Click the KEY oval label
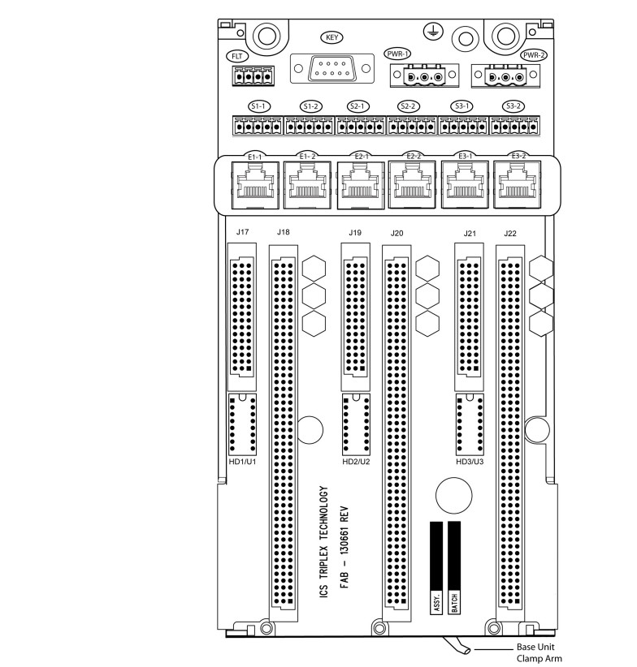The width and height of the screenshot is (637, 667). [332, 37]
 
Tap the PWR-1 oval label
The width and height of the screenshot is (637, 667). [397, 54]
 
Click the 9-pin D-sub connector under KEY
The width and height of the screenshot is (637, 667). [332, 68]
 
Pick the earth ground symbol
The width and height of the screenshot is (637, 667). [433, 30]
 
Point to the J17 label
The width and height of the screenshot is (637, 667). [241, 233]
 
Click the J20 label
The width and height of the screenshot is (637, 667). [396, 233]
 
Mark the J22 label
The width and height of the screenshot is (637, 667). [510, 233]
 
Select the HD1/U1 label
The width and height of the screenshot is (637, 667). [243, 461]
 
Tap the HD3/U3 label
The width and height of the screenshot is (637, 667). [469, 461]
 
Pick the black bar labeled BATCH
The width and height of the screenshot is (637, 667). [454, 568]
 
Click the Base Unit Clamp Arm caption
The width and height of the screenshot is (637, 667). [537, 654]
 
